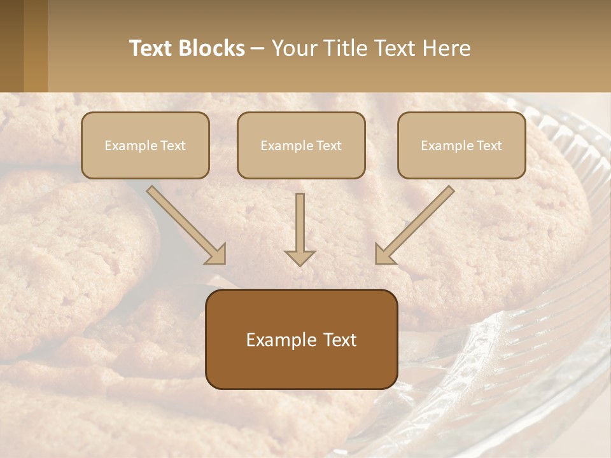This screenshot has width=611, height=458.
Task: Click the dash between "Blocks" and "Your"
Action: pos(258,49)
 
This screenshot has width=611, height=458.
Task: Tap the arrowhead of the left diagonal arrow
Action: pos(216,255)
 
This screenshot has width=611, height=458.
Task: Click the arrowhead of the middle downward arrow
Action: pos(300,257)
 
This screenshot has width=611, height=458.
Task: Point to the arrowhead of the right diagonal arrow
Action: pos(384,255)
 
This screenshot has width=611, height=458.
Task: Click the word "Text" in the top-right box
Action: pos(490,146)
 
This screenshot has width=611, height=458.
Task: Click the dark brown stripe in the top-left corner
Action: pos(11,46)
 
